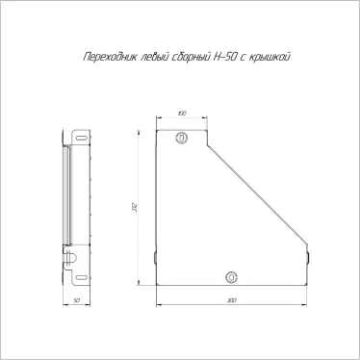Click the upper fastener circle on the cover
(182, 139)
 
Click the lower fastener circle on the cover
(230, 277)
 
